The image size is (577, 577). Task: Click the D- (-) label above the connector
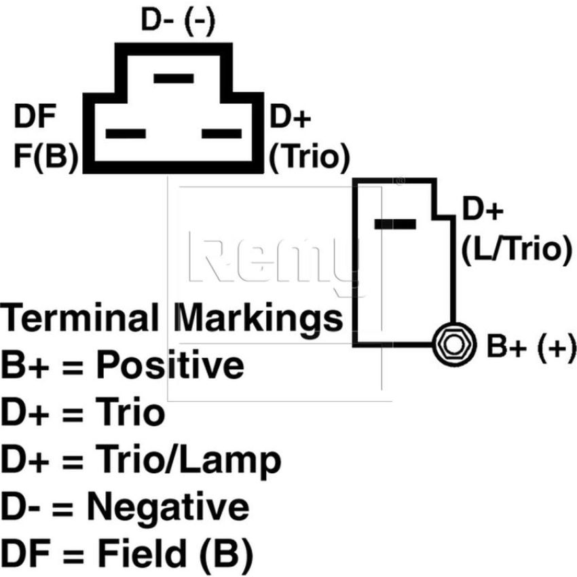pos(178,21)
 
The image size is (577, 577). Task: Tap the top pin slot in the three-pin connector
pos(174,78)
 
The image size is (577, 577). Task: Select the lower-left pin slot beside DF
pos(126,134)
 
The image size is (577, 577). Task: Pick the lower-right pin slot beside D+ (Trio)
pos(221,134)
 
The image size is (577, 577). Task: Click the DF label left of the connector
pos(35,116)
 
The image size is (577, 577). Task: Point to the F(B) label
pos(46,156)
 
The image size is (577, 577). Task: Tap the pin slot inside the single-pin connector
pos(395,224)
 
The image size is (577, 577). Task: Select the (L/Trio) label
pos(517,250)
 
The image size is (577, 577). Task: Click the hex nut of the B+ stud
pos(453,345)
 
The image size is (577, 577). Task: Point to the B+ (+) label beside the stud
pos(531,346)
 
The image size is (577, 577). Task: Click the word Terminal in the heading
pos(79,318)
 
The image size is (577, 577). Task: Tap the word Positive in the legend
pos(170,365)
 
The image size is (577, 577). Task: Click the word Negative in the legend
pos(168,508)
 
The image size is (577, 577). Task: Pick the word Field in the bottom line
pos(143,553)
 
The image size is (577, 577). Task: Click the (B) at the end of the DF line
pos(226,554)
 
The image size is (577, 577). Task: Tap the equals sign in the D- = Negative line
pos(63,508)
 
